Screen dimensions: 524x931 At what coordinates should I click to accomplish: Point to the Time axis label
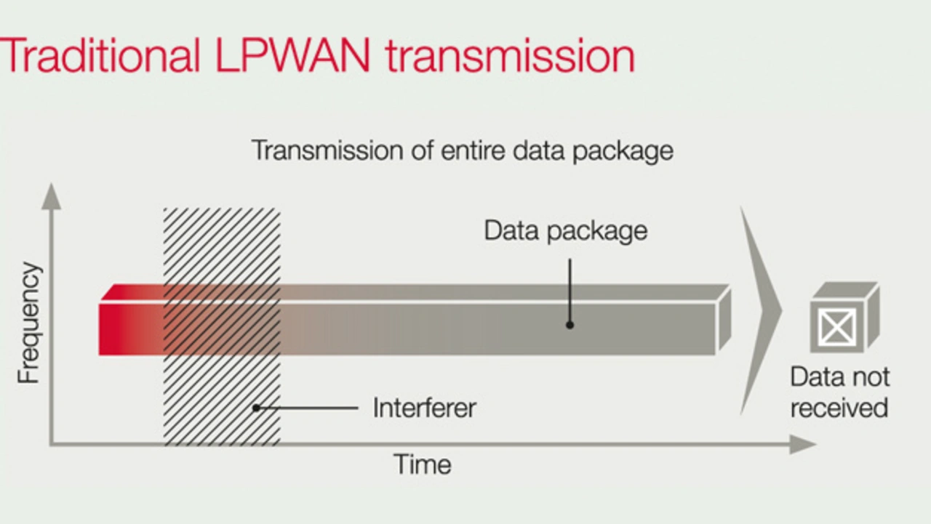422,464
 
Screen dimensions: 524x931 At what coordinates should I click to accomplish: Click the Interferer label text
424,408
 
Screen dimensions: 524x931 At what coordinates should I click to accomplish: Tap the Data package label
565,231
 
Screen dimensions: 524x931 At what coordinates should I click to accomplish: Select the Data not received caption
839,392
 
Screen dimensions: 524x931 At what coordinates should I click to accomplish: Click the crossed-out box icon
836,328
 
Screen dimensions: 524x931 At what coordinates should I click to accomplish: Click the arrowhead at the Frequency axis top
51,195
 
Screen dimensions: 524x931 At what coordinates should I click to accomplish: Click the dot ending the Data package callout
570,325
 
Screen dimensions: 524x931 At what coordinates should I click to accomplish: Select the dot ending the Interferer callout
256,408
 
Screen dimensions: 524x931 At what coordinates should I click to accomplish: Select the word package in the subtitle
625,151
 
